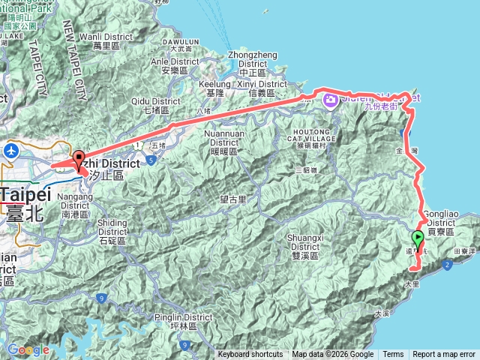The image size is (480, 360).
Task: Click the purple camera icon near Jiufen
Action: click(x=329, y=99)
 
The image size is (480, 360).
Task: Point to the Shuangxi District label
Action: click(x=304, y=245)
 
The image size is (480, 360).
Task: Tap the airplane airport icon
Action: click(x=11, y=151)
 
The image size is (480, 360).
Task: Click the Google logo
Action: click(x=28, y=349)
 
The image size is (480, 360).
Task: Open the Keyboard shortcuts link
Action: click(x=250, y=355)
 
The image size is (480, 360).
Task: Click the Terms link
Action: click(x=393, y=355)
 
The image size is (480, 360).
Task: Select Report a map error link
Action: click(x=444, y=355)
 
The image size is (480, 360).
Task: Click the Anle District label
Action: click(x=170, y=67)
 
